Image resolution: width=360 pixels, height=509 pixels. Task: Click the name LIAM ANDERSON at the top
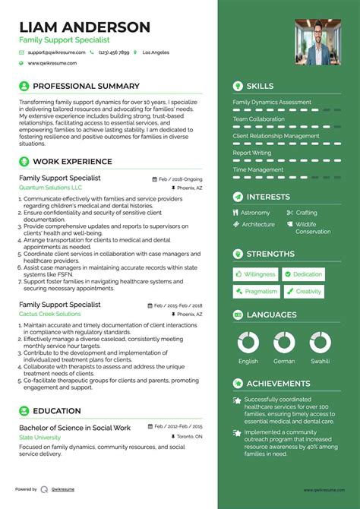click(85, 27)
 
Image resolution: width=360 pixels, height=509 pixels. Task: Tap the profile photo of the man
click(317, 41)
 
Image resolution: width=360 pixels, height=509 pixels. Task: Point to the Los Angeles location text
click(155, 52)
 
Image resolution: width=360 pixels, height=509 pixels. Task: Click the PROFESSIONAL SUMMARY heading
click(86, 87)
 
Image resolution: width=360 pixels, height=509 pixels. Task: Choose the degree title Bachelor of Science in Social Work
click(74, 428)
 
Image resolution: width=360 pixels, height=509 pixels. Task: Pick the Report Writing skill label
click(251, 153)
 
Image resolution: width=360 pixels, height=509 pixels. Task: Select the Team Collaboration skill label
click(259, 119)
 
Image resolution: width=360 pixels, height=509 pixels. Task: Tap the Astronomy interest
click(255, 213)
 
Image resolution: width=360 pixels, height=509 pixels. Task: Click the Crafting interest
click(306, 213)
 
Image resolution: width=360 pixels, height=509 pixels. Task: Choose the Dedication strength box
click(303, 274)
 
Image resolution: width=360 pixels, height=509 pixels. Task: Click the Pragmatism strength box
click(256, 291)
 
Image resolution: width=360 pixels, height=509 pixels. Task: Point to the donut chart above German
click(284, 342)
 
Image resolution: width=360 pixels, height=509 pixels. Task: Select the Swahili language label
click(320, 361)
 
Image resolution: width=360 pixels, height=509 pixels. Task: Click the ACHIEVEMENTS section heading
click(278, 384)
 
